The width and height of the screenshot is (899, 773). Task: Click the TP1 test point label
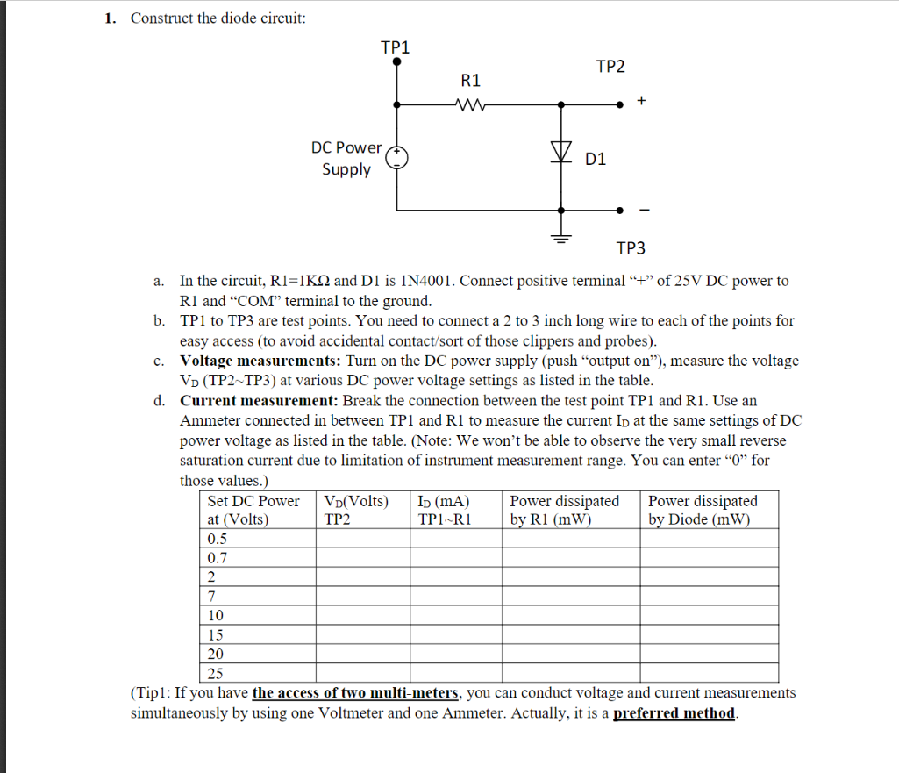point(396,47)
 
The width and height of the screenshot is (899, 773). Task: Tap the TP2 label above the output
point(610,67)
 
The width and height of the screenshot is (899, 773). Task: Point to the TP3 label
point(630,248)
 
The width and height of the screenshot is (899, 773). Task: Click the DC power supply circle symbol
point(398,158)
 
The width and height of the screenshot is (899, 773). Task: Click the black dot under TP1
point(397,62)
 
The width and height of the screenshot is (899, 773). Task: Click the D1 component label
point(596,159)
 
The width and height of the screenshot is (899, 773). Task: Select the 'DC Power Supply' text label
point(346,158)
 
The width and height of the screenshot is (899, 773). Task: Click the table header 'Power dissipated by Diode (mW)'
point(703,510)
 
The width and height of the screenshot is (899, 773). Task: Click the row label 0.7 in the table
point(217,558)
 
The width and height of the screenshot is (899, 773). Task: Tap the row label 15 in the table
point(215,634)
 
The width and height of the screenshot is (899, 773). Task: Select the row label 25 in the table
point(215,674)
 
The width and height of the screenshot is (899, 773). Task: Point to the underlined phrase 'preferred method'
point(674,712)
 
